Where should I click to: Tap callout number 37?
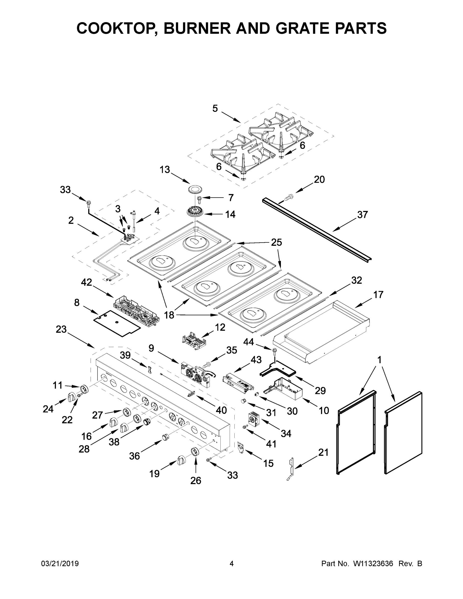pos(362,215)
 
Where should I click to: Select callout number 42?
pos(86,282)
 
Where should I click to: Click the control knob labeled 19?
pos(181,460)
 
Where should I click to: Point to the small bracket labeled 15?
pos(241,447)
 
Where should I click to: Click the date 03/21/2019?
pos(60,564)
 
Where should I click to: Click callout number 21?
pos(323,452)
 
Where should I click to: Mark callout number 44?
pos(249,342)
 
